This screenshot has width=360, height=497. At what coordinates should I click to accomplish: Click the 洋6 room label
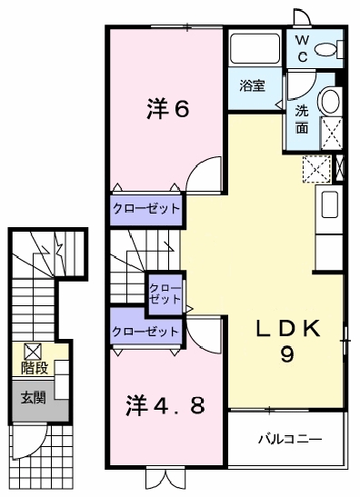pyautogui.click(x=167, y=109)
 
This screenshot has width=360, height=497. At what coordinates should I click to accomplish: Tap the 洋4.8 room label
pyautogui.click(x=164, y=403)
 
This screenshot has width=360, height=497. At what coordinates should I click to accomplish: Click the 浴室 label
pyautogui.click(x=252, y=86)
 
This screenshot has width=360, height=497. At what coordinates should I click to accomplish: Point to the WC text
pyautogui.click(x=300, y=49)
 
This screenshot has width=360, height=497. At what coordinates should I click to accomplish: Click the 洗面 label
pyautogui.click(x=302, y=120)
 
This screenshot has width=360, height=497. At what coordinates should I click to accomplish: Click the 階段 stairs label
pyautogui.click(x=35, y=368)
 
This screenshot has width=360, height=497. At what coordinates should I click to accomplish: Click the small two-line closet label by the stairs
pyautogui.click(x=165, y=293)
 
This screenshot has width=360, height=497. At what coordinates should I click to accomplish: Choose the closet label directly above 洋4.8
pyautogui.click(x=145, y=332)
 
